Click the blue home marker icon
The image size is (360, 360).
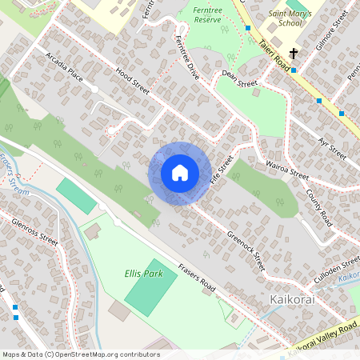point(180,173)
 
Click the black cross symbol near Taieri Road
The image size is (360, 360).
point(294,54)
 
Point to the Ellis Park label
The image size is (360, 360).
point(143,274)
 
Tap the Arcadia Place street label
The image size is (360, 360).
point(65,68)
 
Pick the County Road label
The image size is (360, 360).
point(319,207)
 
